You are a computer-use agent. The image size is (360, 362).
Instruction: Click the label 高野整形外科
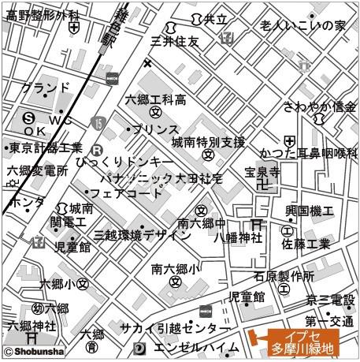pyautogui.click(x=43, y=14)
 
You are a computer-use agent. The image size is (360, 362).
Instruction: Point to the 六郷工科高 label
pyautogui.click(x=156, y=99)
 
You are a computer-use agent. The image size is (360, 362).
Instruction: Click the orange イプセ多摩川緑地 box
pyautogui.click(x=302, y=341)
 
